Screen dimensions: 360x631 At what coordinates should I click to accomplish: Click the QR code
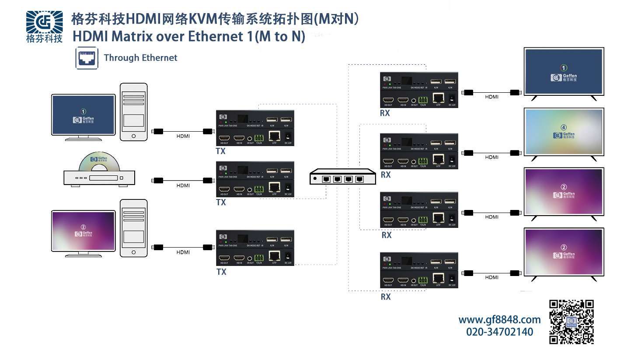(x=572, y=322)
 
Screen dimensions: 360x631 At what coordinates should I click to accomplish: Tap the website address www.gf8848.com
(x=499, y=320)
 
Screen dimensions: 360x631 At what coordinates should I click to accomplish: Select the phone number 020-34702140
(x=499, y=332)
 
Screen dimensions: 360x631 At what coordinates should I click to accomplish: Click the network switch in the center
(x=342, y=178)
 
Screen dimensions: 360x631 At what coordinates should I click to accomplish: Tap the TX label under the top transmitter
(x=221, y=151)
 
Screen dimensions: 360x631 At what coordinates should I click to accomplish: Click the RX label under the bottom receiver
(x=385, y=297)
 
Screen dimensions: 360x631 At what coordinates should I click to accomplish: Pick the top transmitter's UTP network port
(x=274, y=136)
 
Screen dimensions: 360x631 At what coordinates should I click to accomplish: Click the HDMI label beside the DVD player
(x=183, y=185)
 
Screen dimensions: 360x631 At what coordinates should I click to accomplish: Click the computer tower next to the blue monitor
(x=134, y=112)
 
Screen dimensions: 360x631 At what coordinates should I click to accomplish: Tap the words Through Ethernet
(x=140, y=58)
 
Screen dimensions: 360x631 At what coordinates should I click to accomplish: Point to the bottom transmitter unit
(x=255, y=248)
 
